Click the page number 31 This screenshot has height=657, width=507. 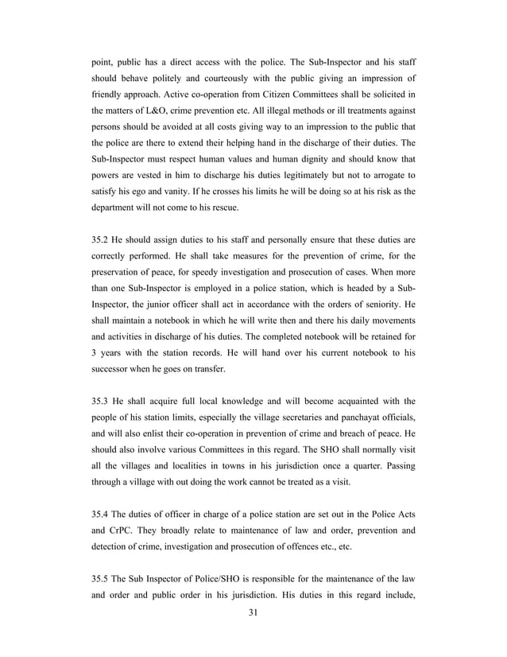click(x=253, y=612)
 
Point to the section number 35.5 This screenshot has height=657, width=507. click(x=103, y=575)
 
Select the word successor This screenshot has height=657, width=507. click(x=113, y=369)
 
